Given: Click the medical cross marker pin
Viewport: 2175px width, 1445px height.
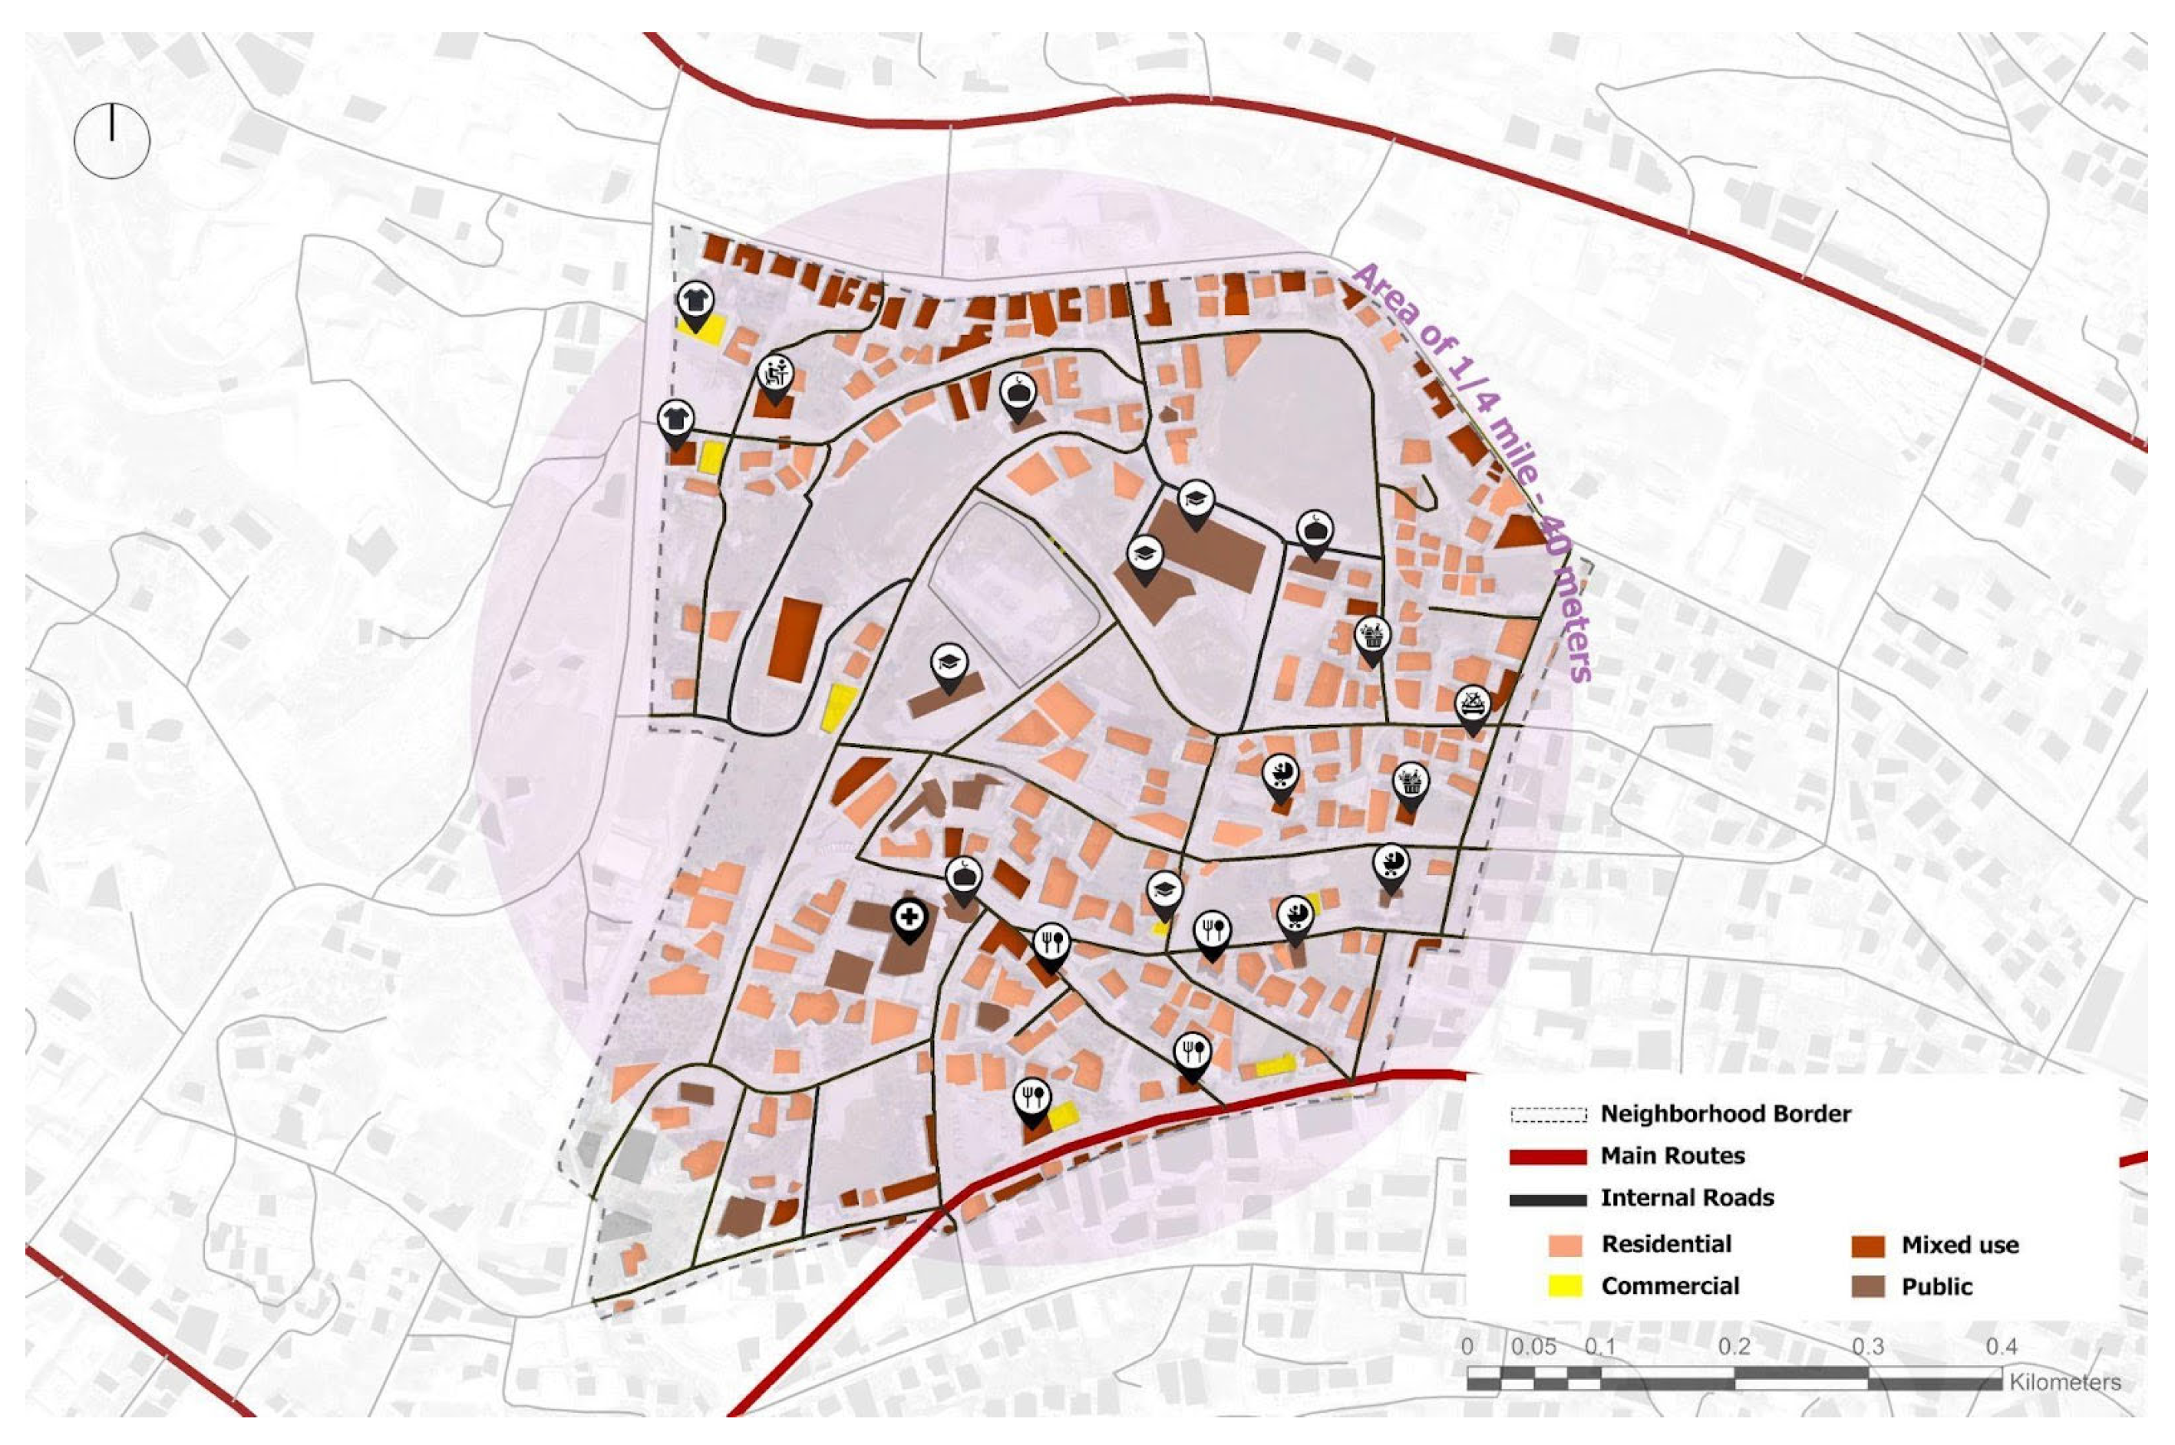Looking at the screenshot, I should click(x=909, y=918).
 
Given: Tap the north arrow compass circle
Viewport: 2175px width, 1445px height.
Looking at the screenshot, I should click(x=111, y=141).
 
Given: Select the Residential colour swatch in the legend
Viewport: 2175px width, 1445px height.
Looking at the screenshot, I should click(x=1565, y=1245).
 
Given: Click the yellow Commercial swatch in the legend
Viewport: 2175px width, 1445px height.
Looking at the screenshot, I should click(x=1565, y=1286).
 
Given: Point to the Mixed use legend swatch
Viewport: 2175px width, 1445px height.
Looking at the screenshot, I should click(x=1867, y=1245).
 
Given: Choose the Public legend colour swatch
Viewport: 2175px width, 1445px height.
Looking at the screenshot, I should click(x=1867, y=1286).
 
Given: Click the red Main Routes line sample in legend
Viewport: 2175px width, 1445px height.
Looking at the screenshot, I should click(x=1548, y=1157).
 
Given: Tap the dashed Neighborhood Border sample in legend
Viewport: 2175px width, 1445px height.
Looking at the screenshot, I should click(x=1548, y=1114).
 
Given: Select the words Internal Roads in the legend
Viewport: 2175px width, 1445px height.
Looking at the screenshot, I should click(x=1686, y=1198).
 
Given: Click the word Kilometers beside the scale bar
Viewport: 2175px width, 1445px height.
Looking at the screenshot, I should click(x=2064, y=1382).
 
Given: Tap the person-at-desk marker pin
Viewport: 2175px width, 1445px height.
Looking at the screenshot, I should click(x=775, y=374).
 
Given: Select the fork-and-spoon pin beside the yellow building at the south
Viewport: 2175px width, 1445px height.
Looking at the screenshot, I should click(x=1031, y=1098).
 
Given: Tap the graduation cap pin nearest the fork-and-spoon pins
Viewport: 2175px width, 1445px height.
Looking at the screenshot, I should click(x=1164, y=891).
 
